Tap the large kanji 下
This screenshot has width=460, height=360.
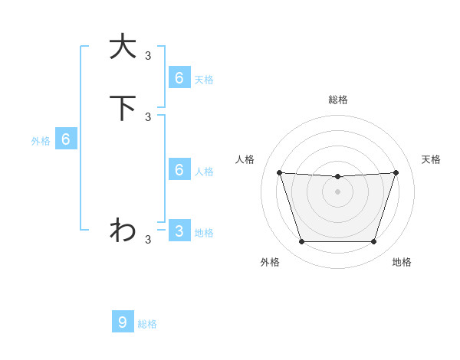coord(123,108)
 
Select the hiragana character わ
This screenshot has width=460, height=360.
coord(123,230)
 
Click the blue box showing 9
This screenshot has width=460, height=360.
coord(123,322)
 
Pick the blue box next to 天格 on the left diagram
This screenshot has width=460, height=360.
coord(179,78)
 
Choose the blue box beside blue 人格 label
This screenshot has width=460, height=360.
coord(179,169)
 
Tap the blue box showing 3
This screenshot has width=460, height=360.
coord(179,231)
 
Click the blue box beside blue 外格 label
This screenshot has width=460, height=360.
coord(66,139)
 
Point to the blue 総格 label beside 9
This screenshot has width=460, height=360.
coord(147,324)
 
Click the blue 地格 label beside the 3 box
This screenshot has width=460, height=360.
coord(204,233)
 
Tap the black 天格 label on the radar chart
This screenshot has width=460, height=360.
coord(431,159)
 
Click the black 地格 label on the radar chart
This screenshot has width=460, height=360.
coord(402,262)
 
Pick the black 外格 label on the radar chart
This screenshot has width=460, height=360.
coord(270,262)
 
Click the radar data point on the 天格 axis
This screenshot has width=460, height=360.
coord(396,172)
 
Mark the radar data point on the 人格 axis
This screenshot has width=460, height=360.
coord(279,172)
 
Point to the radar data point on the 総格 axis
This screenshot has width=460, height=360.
coord(337,177)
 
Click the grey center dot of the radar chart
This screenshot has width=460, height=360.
coord(337,191)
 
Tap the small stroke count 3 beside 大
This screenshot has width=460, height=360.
coord(148,55)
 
